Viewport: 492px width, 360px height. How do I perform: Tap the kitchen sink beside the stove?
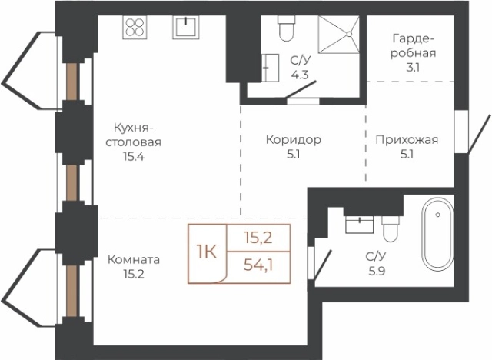click(x=184, y=27)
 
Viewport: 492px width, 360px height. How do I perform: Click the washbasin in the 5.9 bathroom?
click(x=359, y=225)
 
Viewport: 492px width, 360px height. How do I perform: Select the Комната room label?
click(x=134, y=259)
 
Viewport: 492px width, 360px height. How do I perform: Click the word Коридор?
click(x=293, y=140)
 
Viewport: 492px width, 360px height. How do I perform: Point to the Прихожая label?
click(x=407, y=140)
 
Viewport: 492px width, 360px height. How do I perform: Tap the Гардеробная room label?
click(x=413, y=45)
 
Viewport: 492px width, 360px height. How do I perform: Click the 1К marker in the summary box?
click(x=205, y=252)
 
